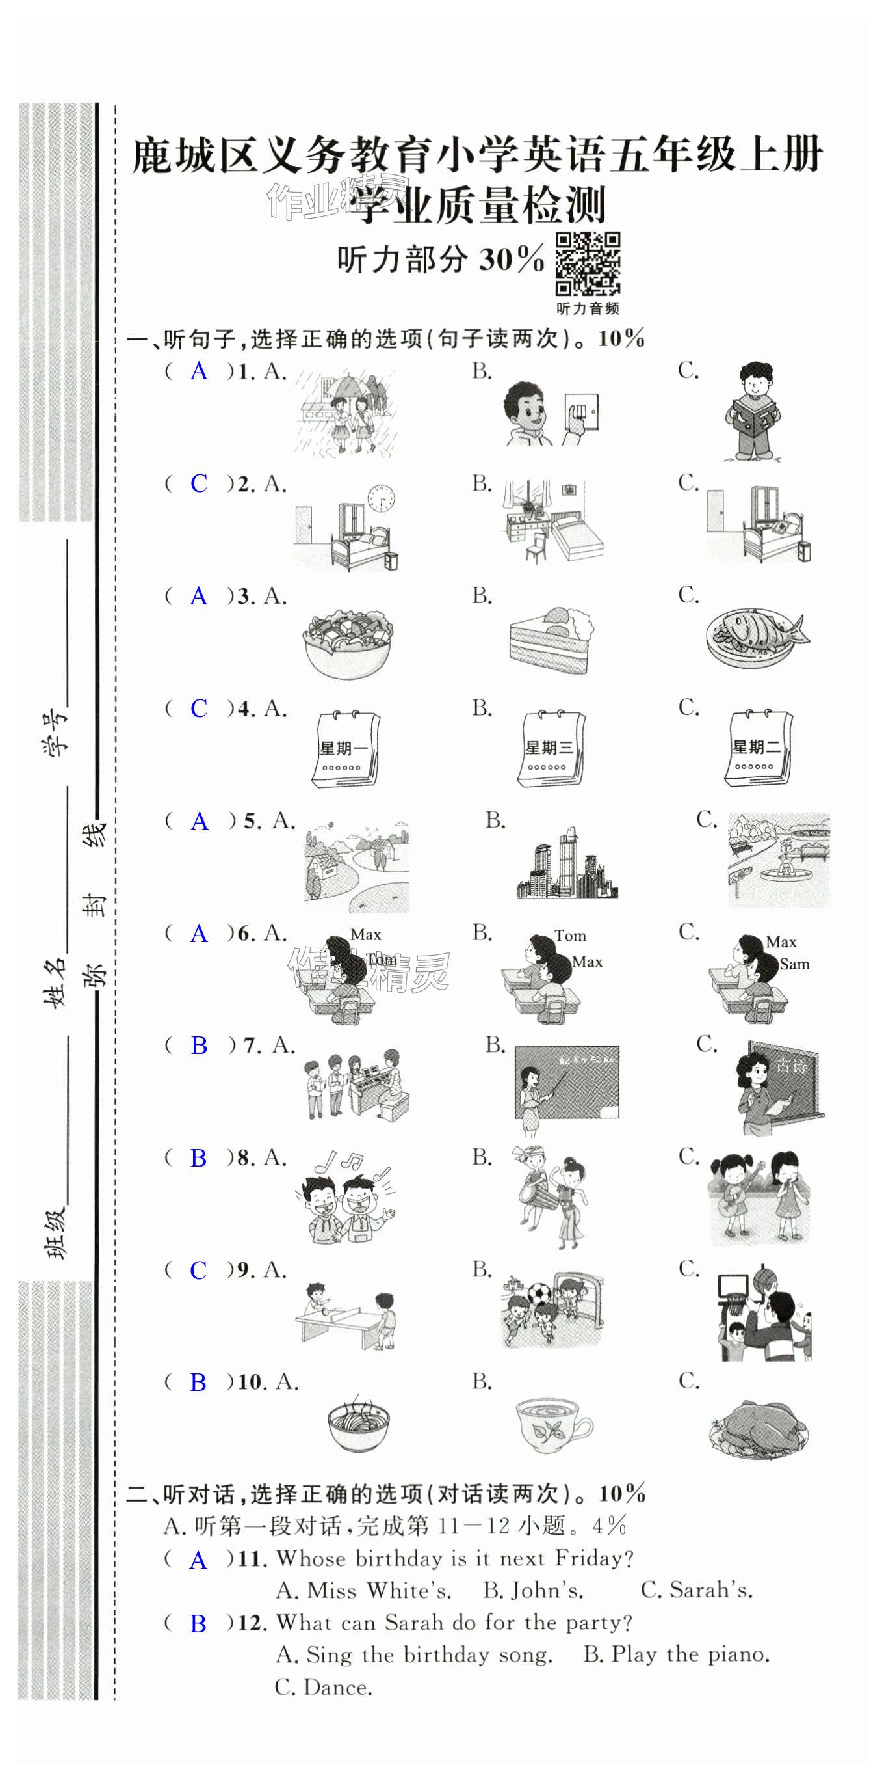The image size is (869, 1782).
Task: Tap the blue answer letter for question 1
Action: [x=199, y=371]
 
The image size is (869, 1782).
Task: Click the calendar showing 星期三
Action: [x=551, y=748]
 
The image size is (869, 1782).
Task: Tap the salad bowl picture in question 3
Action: [x=348, y=643]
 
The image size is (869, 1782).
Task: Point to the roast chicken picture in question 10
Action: [x=758, y=1430]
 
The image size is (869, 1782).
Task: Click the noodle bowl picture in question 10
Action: [x=358, y=1425]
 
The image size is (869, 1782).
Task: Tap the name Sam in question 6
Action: [x=794, y=964]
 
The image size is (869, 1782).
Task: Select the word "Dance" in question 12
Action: [x=337, y=1687]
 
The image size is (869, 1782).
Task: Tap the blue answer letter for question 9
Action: [x=198, y=1270]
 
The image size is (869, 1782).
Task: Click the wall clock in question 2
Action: [x=381, y=498]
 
